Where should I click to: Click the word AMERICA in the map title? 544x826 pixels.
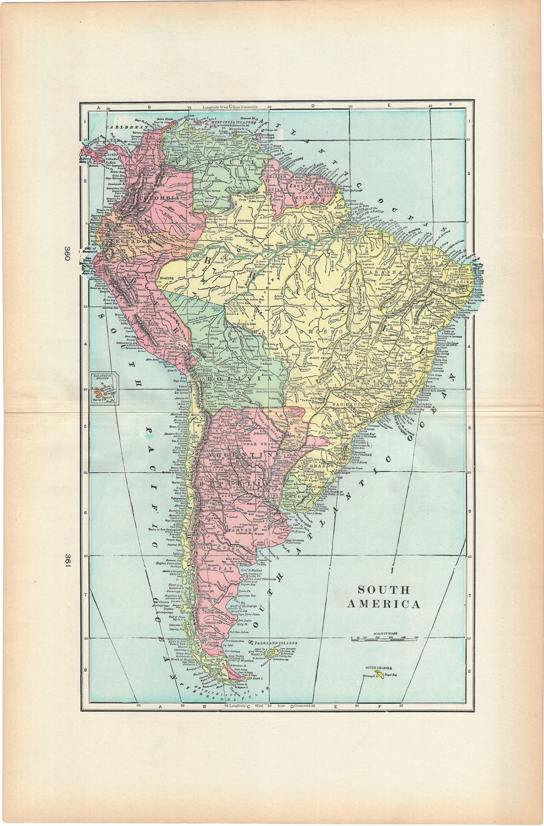(x=384, y=604)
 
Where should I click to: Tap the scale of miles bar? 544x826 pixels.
(x=384, y=639)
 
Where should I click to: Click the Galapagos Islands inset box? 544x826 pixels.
(x=103, y=389)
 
